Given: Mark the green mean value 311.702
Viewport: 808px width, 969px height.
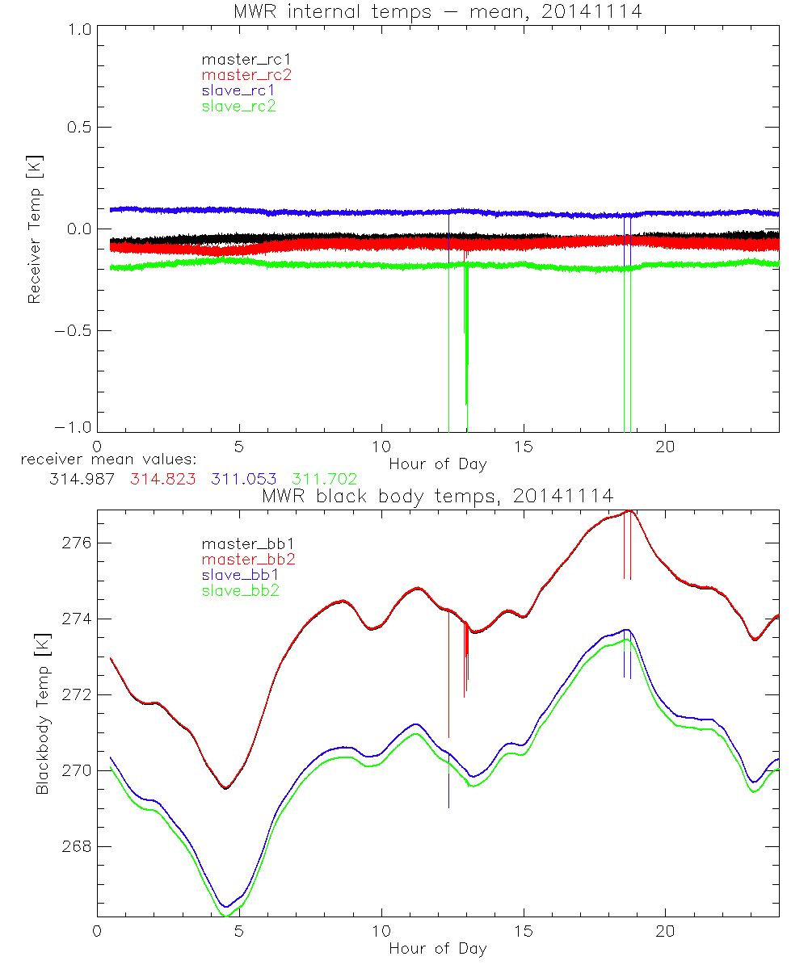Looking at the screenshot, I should click(x=324, y=479).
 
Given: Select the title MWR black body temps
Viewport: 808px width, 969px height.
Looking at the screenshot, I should click(x=437, y=495).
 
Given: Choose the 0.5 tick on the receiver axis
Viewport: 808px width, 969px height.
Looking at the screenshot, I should click(x=74, y=127).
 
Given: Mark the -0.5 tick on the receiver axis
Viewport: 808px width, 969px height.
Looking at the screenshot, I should click(x=70, y=330).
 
